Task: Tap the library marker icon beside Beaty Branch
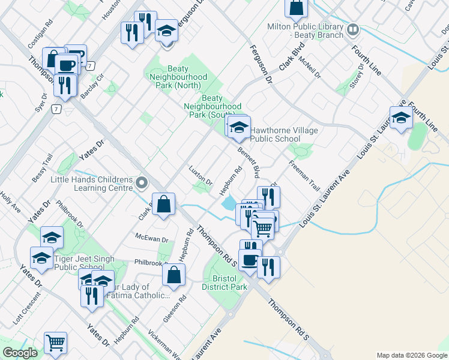[353, 28]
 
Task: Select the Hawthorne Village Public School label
[276, 134]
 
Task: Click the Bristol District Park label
[225, 283]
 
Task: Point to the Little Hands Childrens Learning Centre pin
[142, 182]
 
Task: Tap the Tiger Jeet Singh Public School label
[87, 263]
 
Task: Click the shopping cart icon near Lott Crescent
[55, 343]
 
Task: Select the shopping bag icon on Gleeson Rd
[173, 275]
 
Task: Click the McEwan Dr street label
[152, 239]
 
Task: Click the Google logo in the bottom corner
[20, 353]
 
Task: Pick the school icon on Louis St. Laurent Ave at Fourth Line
[400, 117]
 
